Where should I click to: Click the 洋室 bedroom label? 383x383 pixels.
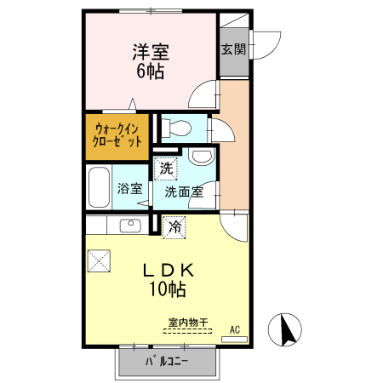[150, 51]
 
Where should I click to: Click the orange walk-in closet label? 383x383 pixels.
[117, 135]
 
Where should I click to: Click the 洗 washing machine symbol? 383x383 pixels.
[165, 169]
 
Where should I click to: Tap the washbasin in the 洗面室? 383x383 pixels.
[202, 157]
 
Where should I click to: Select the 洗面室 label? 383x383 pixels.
[183, 191]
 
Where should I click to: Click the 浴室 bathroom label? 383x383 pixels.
[129, 189]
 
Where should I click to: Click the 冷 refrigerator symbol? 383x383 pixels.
[174, 227]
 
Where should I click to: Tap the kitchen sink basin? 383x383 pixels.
[131, 226]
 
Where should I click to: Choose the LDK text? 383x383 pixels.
[168, 271]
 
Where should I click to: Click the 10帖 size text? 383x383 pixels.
[168, 290]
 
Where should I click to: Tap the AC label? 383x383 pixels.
[234, 329]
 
